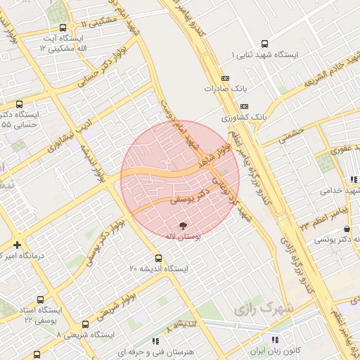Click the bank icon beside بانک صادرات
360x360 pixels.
click(x=225, y=77)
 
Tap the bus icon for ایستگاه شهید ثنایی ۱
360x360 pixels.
click(x=264, y=43)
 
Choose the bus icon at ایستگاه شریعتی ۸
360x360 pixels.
click(x=86, y=324)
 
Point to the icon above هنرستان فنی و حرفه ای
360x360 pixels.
click(x=155, y=342)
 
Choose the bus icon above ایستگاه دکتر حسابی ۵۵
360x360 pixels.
click(x=19, y=103)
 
